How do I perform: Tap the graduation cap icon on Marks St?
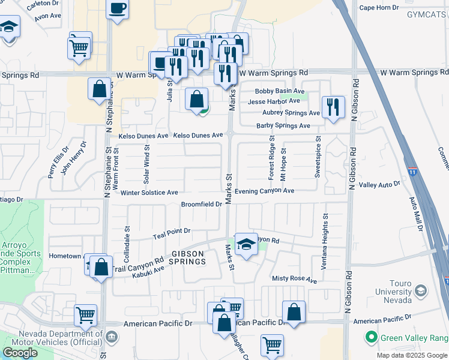246,244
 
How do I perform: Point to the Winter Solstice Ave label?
149,193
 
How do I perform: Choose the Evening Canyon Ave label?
264,191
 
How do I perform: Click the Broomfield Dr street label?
202,205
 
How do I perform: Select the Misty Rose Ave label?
294,280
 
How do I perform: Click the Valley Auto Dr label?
379,185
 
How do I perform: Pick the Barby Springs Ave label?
283,126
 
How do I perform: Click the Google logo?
20,353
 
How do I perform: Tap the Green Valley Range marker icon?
372,337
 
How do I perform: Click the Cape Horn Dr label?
379,8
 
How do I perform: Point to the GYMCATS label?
427,14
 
